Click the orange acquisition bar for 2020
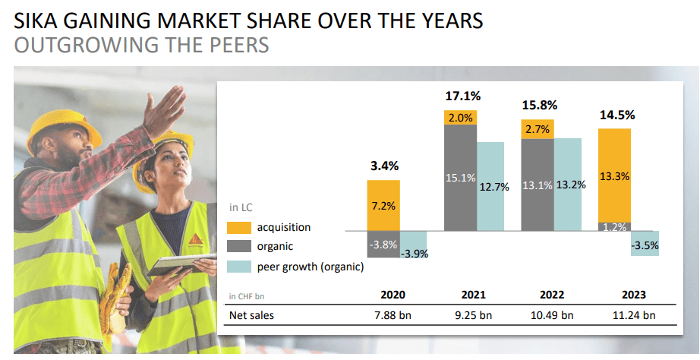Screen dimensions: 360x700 pyautogui.click(x=383, y=205)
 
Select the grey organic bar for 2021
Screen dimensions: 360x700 pyautogui.click(x=460, y=178)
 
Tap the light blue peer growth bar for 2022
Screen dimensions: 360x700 pyautogui.click(x=569, y=184)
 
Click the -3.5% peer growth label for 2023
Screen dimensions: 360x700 pyautogui.click(x=645, y=245)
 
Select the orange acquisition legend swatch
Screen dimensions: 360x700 pyautogui.click(x=239, y=227)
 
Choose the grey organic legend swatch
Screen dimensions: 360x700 pyautogui.click(x=239, y=246)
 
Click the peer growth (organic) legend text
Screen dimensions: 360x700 pyautogui.click(x=311, y=267)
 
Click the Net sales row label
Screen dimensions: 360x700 pyautogui.click(x=251, y=315)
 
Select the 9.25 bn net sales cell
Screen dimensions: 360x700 pyautogui.click(x=472, y=315)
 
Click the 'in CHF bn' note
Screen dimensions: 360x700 pyautogui.click(x=247, y=296)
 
